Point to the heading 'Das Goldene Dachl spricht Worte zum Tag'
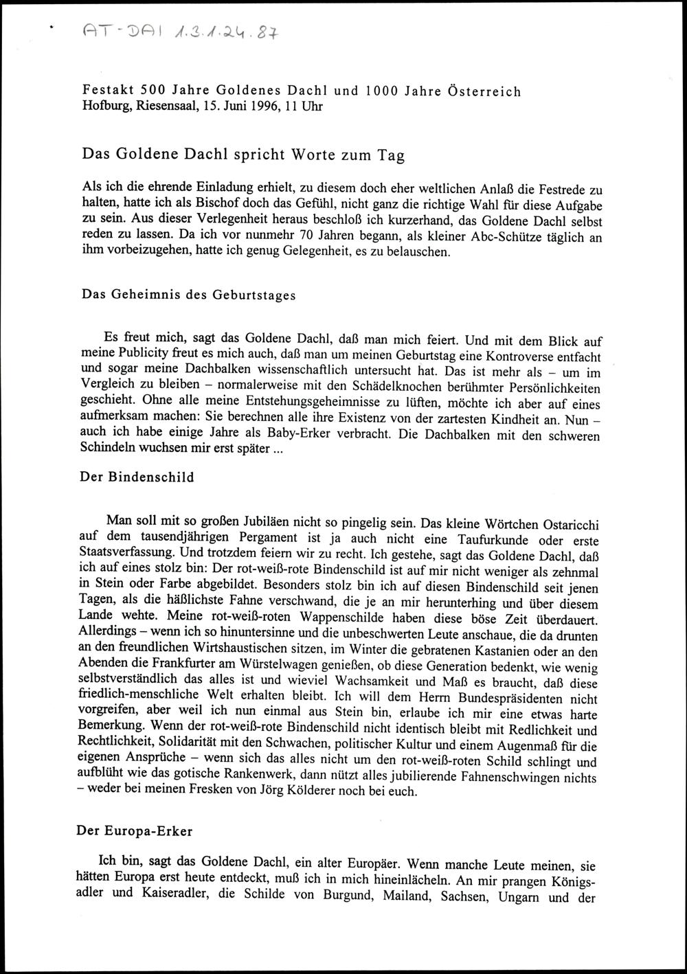point(243,154)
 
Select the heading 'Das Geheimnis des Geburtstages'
point(189,295)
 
